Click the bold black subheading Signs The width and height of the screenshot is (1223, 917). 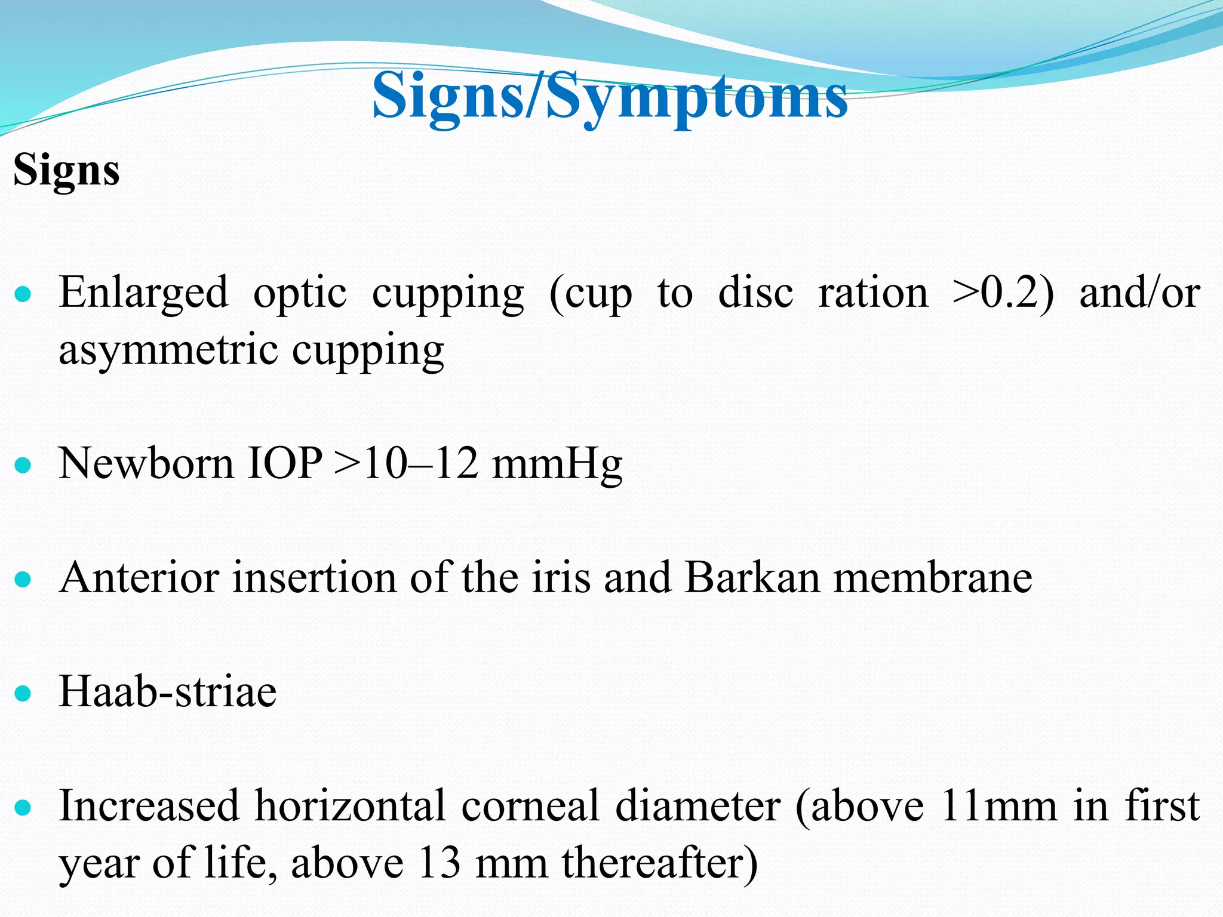click(66, 171)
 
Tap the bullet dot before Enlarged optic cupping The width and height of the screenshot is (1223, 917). click(23, 294)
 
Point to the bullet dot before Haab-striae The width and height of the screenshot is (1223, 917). click(23, 693)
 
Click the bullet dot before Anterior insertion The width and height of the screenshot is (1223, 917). click(23, 578)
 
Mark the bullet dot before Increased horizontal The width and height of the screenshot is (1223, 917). click(23, 808)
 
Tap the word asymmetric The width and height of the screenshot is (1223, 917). click(168, 350)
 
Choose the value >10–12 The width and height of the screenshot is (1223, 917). click(407, 464)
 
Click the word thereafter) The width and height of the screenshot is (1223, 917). click(660, 864)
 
